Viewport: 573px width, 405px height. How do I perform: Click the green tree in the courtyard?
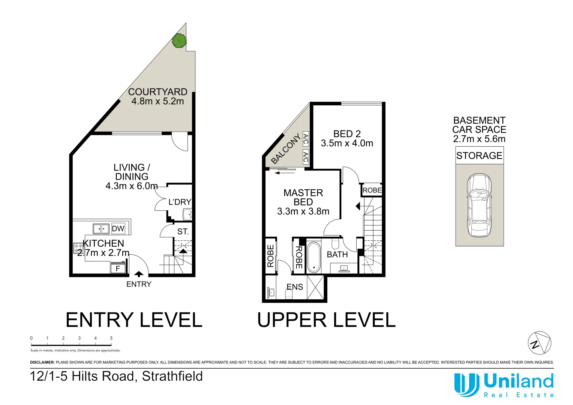point(179,40)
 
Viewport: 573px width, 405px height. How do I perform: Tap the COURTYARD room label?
point(157,92)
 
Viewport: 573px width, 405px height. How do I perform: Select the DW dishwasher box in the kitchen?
point(118,228)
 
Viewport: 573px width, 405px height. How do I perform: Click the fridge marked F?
point(118,268)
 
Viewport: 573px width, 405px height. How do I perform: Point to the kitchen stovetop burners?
point(78,248)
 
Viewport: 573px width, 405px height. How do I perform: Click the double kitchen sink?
point(101,228)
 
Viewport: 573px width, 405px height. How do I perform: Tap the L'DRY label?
point(180,202)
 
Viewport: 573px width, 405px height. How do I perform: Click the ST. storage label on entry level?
point(183,232)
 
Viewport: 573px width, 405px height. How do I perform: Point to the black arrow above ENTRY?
point(139,274)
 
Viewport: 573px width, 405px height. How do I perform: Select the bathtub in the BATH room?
point(314,257)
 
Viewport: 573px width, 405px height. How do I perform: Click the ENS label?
point(295,287)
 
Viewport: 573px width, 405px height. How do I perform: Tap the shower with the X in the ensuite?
point(315,287)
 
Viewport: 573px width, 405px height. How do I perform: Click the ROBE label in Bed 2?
point(372,190)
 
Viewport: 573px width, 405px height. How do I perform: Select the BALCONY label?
point(286,149)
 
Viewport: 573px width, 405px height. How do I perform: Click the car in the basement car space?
point(479,205)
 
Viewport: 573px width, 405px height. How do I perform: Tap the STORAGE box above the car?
point(479,155)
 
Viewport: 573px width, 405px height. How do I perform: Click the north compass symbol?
point(540,343)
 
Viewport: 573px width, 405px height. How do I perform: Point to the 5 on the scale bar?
point(111,338)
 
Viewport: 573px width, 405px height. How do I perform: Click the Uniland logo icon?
point(466,384)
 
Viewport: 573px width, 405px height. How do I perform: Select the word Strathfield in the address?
point(172,376)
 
